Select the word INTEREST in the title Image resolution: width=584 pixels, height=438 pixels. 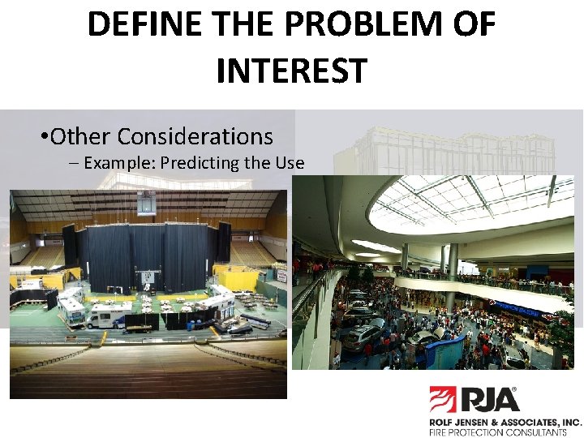coord(291,71)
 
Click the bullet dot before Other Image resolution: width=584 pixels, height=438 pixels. coord(43,136)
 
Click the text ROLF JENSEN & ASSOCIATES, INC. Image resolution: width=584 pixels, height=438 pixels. coord(505,423)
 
